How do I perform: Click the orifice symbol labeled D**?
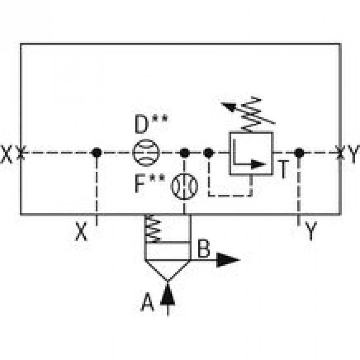146,153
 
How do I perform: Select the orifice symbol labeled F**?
185,186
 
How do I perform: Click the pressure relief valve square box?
251,154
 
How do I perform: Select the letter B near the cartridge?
204,248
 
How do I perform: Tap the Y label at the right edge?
354,155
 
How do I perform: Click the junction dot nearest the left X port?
96,153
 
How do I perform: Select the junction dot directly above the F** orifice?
185,153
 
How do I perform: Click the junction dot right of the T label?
298,153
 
